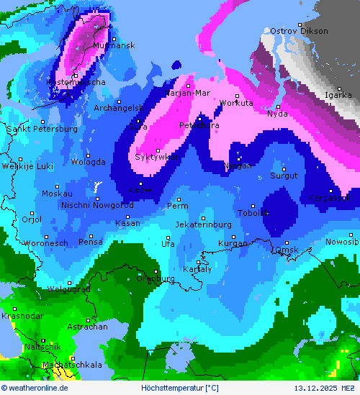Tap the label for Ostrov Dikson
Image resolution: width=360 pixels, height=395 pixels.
299,31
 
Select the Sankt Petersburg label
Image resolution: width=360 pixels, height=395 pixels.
42,129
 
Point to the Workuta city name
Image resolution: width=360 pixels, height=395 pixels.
236,103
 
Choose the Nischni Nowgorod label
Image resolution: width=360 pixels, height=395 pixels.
98,205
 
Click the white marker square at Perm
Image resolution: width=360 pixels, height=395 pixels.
179,199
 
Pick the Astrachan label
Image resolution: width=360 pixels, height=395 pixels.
86,327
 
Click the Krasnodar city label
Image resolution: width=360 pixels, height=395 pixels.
22,316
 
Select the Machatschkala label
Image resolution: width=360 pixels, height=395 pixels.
72,365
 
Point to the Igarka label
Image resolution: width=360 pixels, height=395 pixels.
338,95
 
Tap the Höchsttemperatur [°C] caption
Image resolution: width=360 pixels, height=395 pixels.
179,388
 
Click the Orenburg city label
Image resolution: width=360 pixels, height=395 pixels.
156,278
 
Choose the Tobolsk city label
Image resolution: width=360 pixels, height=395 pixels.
253,213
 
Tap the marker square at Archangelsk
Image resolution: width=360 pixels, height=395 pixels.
120,101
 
